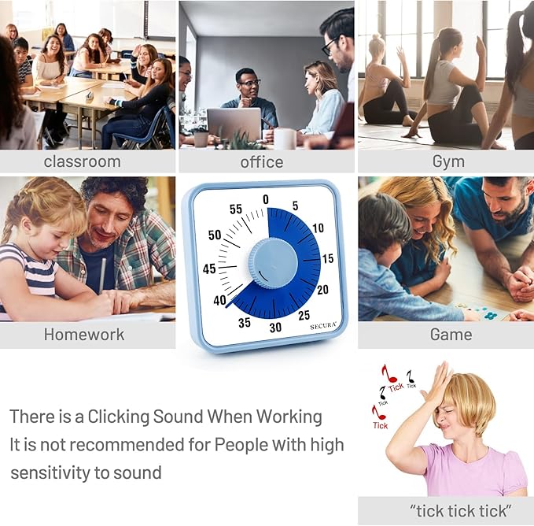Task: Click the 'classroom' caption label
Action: tap(82, 161)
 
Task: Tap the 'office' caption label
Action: tap(262, 161)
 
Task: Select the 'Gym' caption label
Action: tap(448, 161)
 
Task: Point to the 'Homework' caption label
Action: tap(84, 334)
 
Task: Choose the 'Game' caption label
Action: tap(451, 334)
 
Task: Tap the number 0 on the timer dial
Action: tap(265, 199)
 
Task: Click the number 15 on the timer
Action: tap(328, 258)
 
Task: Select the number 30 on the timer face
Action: tap(275, 328)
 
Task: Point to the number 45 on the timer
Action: tap(209, 269)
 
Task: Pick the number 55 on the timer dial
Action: tap(236, 209)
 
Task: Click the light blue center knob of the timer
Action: tap(273, 263)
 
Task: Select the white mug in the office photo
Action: tap(284, 139)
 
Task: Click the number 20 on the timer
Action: tap(322, 289)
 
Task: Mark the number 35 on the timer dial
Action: tap(245, 322)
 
